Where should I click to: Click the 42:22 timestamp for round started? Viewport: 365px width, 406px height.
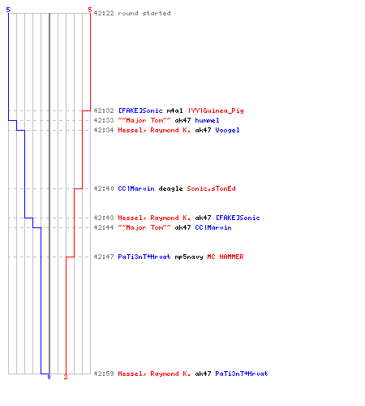(x=104, y=13)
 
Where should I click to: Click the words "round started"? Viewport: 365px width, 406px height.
(x=144, y=13)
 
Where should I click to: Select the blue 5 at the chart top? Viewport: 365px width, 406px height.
(x=8, y=10)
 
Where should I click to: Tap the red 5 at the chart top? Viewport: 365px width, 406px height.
(x=90, y=10)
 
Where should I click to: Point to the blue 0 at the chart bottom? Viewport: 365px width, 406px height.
(x=49, y=377)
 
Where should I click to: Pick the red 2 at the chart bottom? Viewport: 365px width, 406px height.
(x=66, y=377)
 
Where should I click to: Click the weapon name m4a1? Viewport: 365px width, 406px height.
(x=174, y=110)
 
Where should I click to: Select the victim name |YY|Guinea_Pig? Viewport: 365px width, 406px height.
(x=216, y=110)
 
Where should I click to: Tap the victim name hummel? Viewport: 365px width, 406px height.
(x=207, y=120)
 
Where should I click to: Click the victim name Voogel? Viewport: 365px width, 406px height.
(x=227, y=130)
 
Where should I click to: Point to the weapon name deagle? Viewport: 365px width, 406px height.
(x=170, y=188)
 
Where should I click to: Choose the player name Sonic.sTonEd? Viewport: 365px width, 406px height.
(x=211, y=188)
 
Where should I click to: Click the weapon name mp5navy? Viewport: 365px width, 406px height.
(x=189, y=257)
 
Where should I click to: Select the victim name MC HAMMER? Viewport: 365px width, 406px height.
(x=225, y=257)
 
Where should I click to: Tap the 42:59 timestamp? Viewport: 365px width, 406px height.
(x=104, y=374)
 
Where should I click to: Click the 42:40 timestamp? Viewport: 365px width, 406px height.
(x=104, y=188)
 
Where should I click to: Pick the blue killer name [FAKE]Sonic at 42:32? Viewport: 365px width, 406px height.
(x=140, y=110)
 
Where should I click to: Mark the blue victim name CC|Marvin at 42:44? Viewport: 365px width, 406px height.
(x=213, y=227)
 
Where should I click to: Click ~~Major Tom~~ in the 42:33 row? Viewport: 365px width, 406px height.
(x=144, y=120)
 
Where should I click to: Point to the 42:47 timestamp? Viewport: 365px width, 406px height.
(x=104, y=257)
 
